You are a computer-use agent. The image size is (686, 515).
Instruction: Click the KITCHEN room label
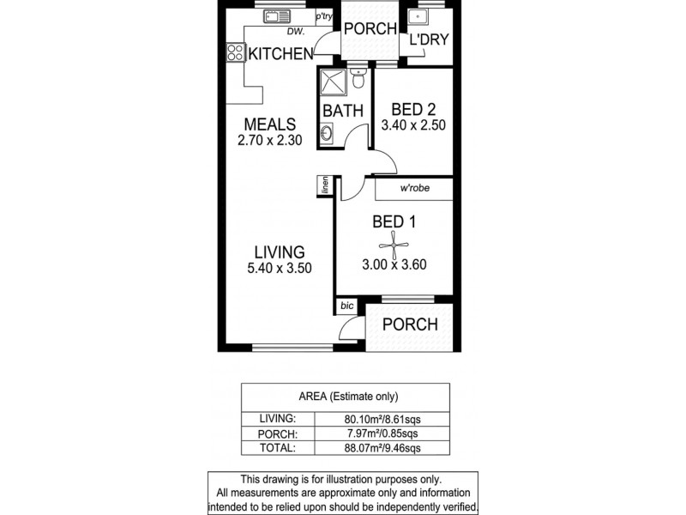[x=280, y=54]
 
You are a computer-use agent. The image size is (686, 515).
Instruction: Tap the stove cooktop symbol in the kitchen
[x=234, y=53]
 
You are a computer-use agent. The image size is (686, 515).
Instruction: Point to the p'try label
[x=323, y=16]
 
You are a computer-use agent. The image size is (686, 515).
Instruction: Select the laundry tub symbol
[x=418, y=16]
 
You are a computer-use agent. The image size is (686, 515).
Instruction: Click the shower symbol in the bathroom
[x=333, y=84]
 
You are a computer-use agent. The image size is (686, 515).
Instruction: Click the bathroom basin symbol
[x=328, y=134]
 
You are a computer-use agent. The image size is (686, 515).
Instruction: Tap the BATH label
[x=343, y=111]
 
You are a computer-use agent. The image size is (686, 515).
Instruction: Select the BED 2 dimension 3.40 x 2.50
[x=413, y=125]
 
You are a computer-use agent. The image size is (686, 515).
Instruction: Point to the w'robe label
[x=414, y=189]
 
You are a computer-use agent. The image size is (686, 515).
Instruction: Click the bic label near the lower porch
[x=346, y=306]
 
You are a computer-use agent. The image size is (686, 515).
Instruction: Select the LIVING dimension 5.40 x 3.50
[x=280, y=268]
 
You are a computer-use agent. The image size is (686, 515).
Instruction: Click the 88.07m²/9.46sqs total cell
[x=390, y=448]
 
